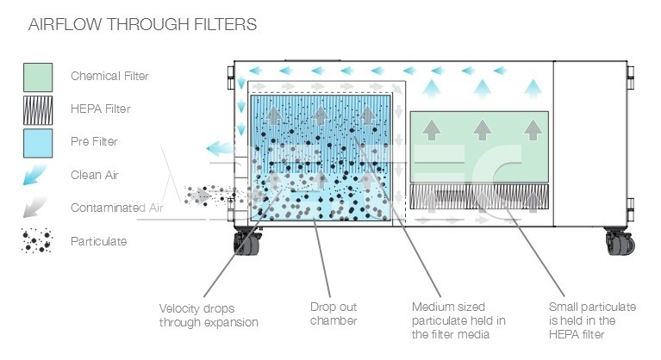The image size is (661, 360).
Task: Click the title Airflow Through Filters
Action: point(142,24)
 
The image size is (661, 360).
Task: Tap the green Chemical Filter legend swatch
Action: point(38,78)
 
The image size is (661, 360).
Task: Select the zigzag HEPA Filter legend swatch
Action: point(38,110)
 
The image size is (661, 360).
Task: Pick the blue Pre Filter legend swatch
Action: point(38,143)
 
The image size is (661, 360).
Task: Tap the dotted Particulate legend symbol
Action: point(37,241)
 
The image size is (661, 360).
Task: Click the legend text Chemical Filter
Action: point(109,76)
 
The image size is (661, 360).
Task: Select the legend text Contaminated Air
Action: point(116,208)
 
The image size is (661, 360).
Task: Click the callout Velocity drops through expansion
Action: point(209,315)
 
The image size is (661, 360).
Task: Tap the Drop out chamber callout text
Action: point(334,313)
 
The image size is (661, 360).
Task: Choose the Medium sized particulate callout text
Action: point(458,320)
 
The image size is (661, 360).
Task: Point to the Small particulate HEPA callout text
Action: point(592,320)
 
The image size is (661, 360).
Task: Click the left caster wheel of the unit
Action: point(247,243)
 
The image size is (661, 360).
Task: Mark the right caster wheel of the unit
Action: point(620,242)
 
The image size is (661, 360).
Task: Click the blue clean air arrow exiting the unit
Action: point(219,148)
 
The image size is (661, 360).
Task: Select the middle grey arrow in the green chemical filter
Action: point(483,130)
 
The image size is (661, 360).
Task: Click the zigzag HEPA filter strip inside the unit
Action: point(479,196)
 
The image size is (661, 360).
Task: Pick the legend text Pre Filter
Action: point(94,141)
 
